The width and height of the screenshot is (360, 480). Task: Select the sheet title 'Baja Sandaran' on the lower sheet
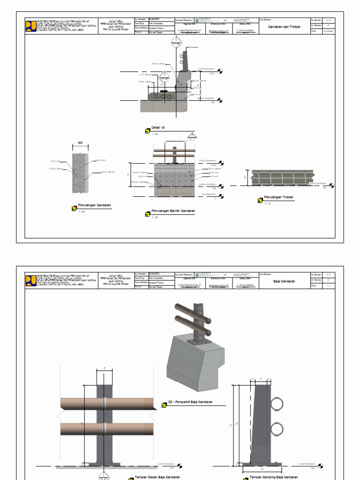click(x=284, y=281)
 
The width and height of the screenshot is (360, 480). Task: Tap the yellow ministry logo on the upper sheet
click(x=30, y=25)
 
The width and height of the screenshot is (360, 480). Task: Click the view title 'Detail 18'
click(x=158, y=127)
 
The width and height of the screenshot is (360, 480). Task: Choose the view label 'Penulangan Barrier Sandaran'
click(x=173, y=211)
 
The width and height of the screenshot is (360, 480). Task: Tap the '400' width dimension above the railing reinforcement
click(x=80, y=142)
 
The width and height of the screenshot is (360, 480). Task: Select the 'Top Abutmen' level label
click(x=209, y=194)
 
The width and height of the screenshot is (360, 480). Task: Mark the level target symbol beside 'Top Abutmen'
click(x=220, y=197)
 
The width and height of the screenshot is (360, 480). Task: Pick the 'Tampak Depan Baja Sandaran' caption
click(x=157, y=477)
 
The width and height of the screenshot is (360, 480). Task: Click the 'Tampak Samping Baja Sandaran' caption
click(x=273, y=477)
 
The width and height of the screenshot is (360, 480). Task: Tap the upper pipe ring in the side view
click(x=277, y=404)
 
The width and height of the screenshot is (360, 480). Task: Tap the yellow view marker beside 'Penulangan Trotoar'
click(x=260, y=201)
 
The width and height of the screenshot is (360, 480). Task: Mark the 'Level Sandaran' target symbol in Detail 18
click(x=220, y=72)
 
